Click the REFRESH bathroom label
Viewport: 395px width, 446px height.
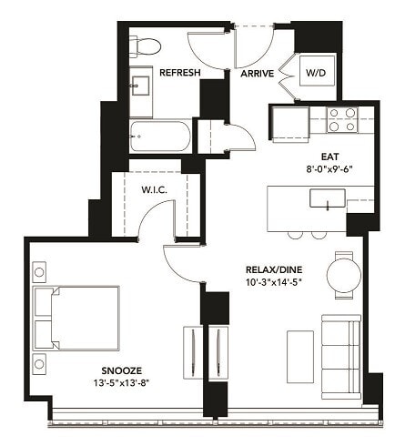click(x=180, y=72)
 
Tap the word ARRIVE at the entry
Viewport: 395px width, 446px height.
click(x=256, y=75)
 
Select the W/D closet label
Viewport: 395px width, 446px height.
click(x=315, y=73)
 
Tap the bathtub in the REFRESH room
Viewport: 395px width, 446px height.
click(x=160, y=137)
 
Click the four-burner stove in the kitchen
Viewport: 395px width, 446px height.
click(x=342, y=120)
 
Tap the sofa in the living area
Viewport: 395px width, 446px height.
click(x=341, y=351)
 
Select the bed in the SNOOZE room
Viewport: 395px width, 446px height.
click(x=76, y=318)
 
